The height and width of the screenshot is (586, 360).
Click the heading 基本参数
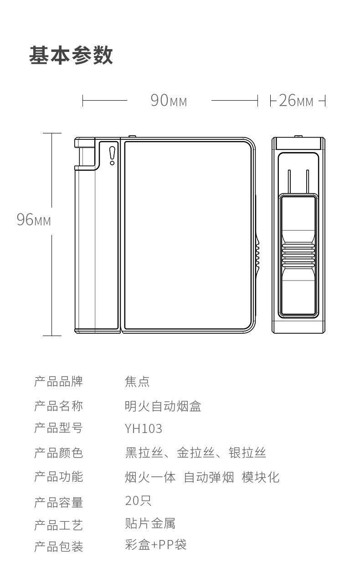71,55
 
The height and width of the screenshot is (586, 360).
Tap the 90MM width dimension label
169,100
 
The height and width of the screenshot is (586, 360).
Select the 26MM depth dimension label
296,100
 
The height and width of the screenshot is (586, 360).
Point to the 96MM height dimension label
34,219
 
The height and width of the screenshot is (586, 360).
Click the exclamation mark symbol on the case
112,156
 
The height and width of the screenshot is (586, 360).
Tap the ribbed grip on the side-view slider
298,255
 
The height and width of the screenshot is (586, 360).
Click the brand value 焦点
137,382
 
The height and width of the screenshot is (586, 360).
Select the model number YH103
144,429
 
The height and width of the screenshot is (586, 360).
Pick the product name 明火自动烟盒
163,406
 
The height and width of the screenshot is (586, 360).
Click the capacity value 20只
138,500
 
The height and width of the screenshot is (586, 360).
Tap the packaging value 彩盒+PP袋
155,545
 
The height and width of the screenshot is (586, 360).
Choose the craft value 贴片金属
150,523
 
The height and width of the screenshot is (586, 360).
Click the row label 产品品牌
59,382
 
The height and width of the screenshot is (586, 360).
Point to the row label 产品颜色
59,453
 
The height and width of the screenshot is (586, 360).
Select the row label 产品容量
59,503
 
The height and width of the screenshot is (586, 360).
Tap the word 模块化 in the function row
261,477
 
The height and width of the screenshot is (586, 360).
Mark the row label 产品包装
59,546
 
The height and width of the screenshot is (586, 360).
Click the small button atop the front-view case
132,136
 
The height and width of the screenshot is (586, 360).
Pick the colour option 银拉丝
247,453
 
